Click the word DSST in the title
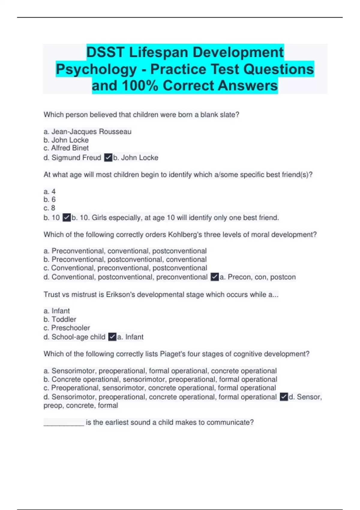tap(105, 52)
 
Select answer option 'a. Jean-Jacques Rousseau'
tap(87, 132)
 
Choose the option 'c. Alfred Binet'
tap(66, 148)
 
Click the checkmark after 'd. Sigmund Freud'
tap(108, 157)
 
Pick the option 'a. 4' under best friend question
tap(49, 191)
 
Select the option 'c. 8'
tap(49, 208)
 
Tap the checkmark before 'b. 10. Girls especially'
tap(67, 217)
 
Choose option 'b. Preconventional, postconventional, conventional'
tap(125, 259)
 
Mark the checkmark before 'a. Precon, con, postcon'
tap(214, 277)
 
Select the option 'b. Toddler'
tap(60, 319)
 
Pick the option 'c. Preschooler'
tap(67, 328)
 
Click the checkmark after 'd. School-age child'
tap(112, 337)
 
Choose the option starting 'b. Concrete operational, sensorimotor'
tap(160, 379)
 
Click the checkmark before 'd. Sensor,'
tap(284, 397)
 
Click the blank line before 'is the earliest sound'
tap(64, 423)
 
